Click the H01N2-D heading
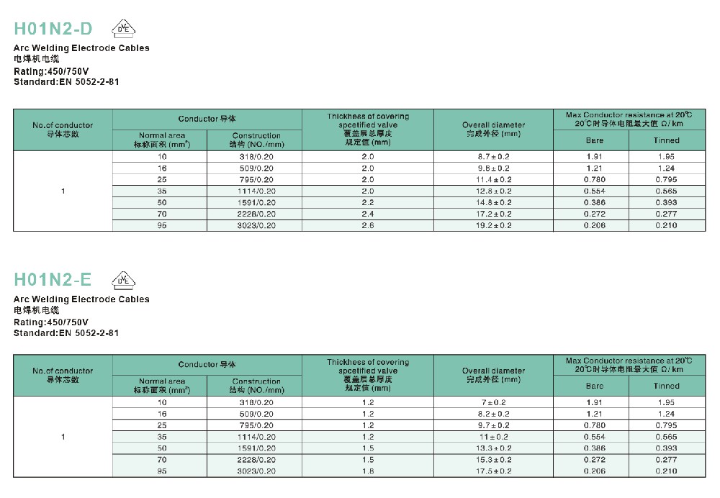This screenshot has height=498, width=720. pos(54,29)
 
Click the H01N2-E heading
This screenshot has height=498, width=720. pos(54,279)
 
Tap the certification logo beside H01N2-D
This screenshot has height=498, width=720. pos(123,29)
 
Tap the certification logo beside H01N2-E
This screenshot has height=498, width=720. pos(123,279)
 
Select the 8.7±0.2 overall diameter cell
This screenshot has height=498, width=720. pos(493,156)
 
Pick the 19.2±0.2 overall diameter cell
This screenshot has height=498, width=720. pos(493,225)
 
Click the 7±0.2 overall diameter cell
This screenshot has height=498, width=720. pos(493,402)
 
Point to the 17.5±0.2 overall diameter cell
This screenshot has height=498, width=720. pos(493,471)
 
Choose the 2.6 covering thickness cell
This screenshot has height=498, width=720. pos(367,225)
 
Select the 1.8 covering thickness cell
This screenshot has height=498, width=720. pos(367,471)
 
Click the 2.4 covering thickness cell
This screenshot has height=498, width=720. pos(367,214)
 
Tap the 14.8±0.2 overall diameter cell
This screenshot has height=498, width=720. pos(493,202)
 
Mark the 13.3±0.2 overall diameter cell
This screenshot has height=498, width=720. pos(493,448)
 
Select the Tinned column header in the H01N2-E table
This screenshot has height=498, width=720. pos(666,386)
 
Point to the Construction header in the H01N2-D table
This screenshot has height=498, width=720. pos(256,140)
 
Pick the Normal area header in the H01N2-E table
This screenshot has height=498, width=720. pos(162,386)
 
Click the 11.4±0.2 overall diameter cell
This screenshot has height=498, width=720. pos(493,179)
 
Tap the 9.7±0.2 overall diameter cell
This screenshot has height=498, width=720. pos(493,425)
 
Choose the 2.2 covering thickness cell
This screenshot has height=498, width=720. pos(367,202)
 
